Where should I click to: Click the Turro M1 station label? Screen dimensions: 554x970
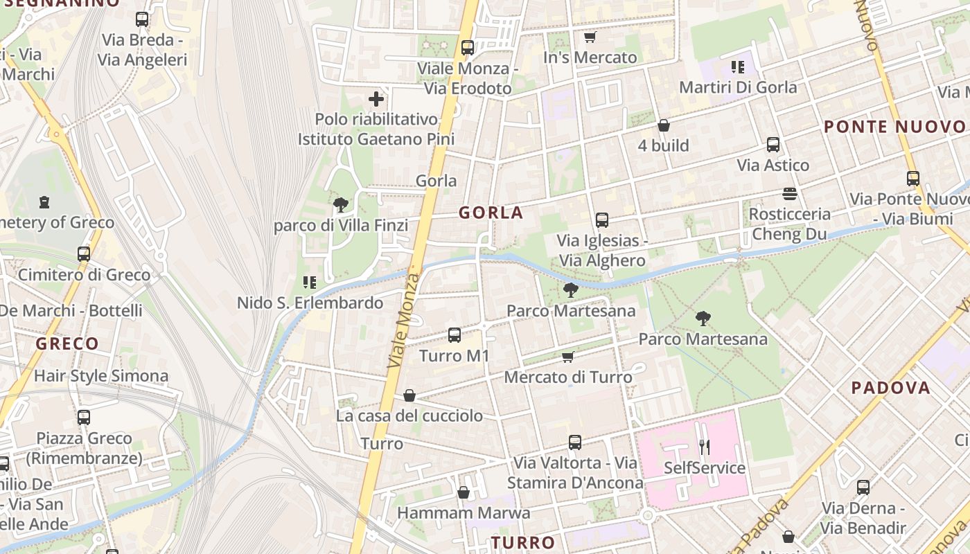click(x=455, y=356)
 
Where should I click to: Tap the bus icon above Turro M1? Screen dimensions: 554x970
click(x=455, y=335)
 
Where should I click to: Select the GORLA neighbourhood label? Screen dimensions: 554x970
click(x=491, y=213)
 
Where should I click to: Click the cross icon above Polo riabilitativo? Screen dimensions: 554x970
click(x=376, y=99)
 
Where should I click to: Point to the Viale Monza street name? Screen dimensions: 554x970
click(x=404, y=320)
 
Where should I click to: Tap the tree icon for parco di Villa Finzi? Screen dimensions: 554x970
click(x=340, y=204)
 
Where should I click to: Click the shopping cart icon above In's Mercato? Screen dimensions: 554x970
click(x=590, y=37)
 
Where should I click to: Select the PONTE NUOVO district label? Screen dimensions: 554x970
click(x=894, y=127)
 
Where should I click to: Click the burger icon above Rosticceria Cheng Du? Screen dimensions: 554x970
click(x=790, y=193)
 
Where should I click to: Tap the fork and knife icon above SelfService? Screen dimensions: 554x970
click(x=705, y=447)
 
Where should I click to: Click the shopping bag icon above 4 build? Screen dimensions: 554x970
click(x=663, y=125)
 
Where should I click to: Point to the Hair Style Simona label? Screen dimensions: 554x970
click(x=101, y=376)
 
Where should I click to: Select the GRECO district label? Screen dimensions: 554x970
click(x=67, y=343)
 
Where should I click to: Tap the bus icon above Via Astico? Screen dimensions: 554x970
click(x=773, y=145)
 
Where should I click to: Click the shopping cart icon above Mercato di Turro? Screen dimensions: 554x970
click(x=568, y=357)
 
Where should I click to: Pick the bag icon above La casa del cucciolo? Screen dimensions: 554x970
click(x=409, y=395)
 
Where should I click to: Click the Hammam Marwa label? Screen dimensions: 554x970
click(x=464, y=513)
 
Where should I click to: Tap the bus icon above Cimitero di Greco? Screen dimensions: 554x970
click(x=84, y=253)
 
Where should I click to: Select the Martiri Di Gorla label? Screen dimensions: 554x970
click(x=738, y=87)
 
